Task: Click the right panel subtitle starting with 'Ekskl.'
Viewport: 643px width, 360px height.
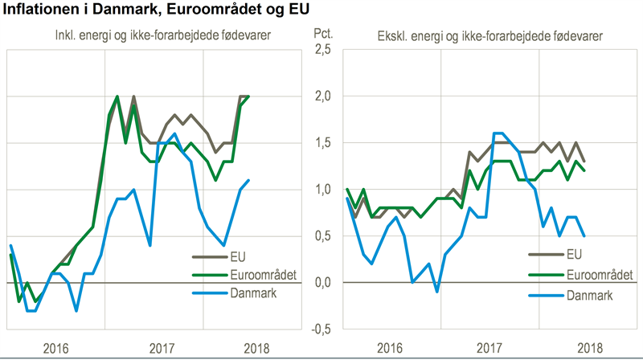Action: click(x=490, y=36)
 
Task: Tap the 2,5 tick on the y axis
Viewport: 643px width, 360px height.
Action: click(x=321, y=50)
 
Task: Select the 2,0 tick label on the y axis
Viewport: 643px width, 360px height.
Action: click(x=321, y=96)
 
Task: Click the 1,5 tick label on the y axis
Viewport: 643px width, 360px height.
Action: click(x=321, y=143)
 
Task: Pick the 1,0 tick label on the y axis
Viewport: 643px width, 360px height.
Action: click(x=321, y=190)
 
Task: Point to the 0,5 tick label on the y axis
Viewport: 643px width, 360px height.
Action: click(x=321, y=236)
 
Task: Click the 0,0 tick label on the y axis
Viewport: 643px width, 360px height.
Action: click(x=321, y=283)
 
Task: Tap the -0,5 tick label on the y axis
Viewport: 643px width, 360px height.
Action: click(x=320, y=329)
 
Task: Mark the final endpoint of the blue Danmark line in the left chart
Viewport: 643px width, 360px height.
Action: click(x=248, y=180)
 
